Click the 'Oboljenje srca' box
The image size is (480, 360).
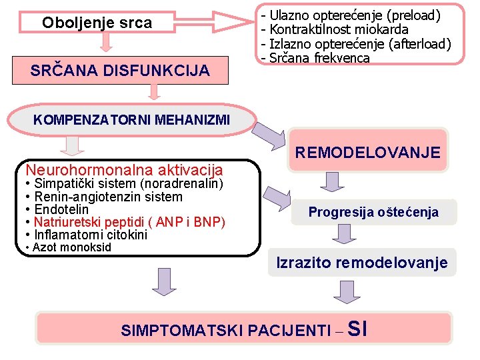tap(97, 23)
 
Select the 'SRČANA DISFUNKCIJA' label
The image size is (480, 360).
tap(119, 70)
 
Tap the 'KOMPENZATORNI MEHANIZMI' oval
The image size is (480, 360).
tap(131, 120)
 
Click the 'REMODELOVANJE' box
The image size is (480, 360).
tap(368, 153)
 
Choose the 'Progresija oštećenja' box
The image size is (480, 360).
tap(373, 212)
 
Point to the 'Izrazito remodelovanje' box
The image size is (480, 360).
tap(362, 263)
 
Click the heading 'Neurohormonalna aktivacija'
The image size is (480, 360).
tap(124, 170)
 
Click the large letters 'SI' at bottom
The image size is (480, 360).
tap(357, 329)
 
